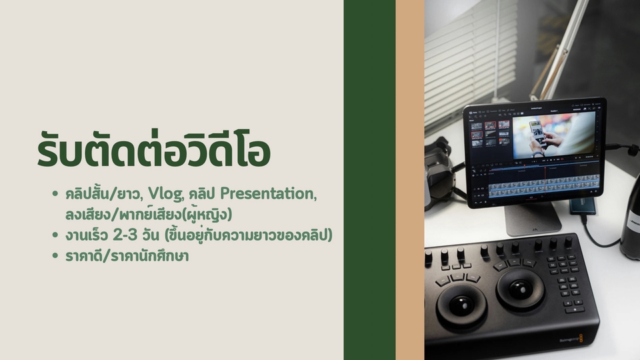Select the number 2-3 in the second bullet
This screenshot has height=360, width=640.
tap(125, 235)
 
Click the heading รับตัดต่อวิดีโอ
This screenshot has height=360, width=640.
tap(153, 150)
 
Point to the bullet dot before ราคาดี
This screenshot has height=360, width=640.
tap(55, 255)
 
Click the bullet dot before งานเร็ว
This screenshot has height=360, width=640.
tap(55, 235)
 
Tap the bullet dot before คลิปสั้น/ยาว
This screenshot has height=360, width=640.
tap(55, 193)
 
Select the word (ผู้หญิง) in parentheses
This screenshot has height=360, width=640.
tap(208, 214)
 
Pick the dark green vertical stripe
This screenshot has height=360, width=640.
tap(369, 180)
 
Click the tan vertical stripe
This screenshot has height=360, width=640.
tap(410, 180)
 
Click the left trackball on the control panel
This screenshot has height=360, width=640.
tap(461, 304)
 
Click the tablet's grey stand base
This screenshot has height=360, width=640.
tap(533, 221)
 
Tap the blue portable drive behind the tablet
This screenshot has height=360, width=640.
tap(582, 205)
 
